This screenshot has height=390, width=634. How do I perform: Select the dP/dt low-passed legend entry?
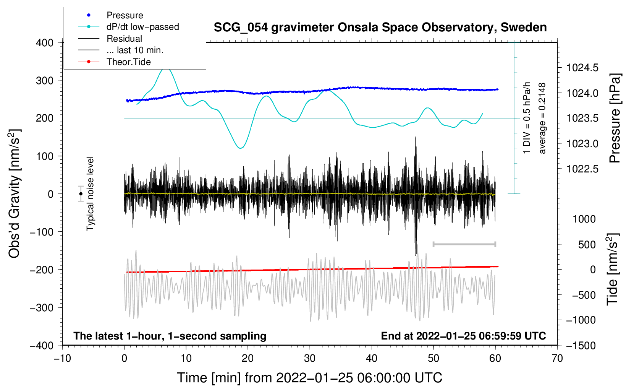142,27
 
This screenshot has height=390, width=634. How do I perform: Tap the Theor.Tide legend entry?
128,62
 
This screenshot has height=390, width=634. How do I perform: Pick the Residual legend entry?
124,39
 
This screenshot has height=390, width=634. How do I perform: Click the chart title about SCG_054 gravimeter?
380,28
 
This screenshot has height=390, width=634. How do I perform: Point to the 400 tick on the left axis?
45,43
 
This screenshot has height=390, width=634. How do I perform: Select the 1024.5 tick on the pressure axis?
582,68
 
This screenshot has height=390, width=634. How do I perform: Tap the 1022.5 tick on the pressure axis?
582,169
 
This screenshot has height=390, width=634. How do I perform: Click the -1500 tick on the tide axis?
581,345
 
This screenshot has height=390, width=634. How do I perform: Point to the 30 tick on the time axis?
310,358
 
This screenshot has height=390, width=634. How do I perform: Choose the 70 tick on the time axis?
557,358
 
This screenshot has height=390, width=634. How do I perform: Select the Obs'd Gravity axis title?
14,193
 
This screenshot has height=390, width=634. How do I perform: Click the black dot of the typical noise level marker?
81,194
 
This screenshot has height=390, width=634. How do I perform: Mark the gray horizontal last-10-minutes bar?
464,244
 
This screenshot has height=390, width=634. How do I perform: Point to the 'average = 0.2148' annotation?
542,119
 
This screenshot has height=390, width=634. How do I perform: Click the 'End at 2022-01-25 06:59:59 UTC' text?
463,336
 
